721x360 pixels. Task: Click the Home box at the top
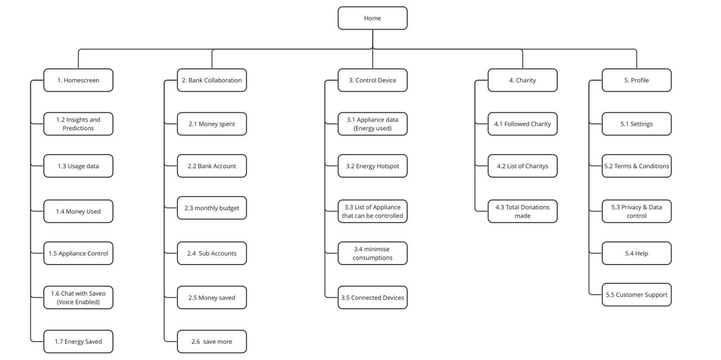click(372, 18)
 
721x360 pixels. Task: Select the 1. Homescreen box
click(78, 80)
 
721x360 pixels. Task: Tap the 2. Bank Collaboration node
click(212, 80)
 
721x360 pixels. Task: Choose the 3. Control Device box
click(372, 80)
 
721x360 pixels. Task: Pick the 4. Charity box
click(523, 80)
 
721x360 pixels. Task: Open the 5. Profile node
click(637, 80)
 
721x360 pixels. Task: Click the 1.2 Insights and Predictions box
click(78, 124)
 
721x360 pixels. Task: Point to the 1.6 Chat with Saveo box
click(78, 298)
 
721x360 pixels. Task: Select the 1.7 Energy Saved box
click(78, 341)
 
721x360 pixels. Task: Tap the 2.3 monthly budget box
click(212, 208)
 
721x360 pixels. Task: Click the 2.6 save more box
click(212, 341)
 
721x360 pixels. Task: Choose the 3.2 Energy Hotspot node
click(372, 166)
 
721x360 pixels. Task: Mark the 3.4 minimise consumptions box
click(372, 253)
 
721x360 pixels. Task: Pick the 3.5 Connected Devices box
click(372, 298)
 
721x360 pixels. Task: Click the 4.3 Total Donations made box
click(523, 211)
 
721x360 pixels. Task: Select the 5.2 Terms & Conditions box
click(637, 166)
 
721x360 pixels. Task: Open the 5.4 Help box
click(637, 253)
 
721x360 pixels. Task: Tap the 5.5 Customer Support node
click(637, 295)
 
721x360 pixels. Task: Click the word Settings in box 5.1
click(641, 124)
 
